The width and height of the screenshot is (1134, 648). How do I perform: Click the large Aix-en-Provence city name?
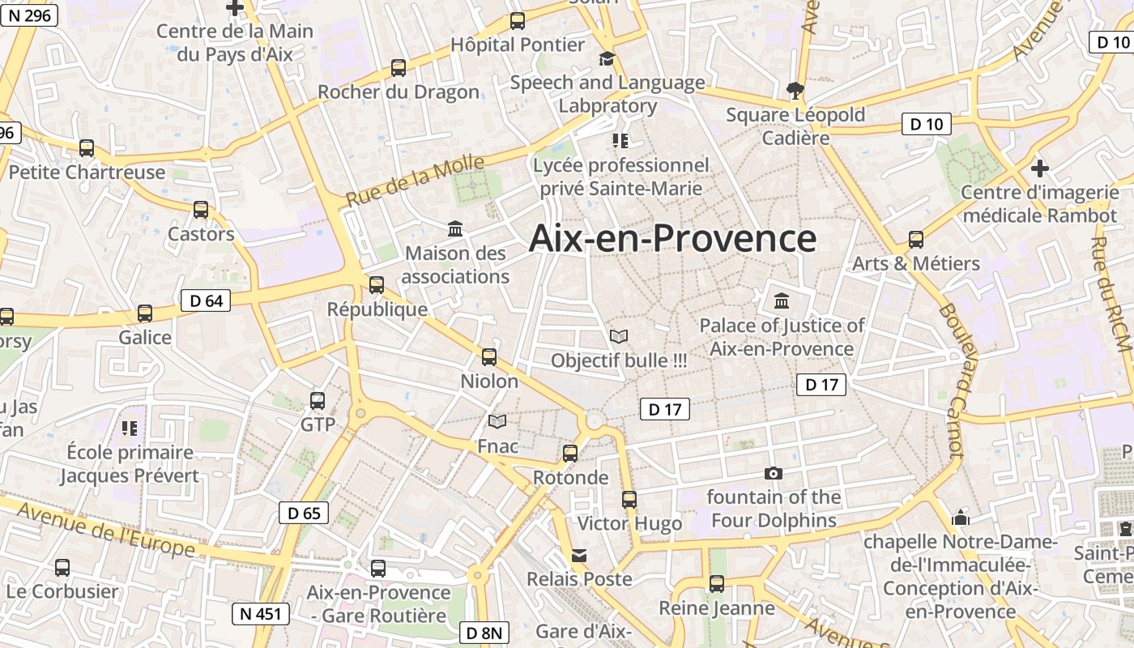tap(672, 239)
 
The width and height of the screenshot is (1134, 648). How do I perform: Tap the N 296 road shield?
tap(29, 14)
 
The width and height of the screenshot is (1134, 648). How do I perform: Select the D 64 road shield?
tap(205, 301)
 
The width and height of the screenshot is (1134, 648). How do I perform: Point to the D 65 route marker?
tap(304, 512)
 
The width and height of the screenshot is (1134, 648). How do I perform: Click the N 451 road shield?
tap(261, 614)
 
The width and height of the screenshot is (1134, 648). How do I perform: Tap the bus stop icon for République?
tap(377, 285)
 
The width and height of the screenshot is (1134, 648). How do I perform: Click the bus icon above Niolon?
tap(489, 356)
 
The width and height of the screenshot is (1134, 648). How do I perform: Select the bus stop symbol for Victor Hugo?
tap(629, 500)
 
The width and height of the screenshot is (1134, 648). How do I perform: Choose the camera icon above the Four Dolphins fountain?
tap(774, 473)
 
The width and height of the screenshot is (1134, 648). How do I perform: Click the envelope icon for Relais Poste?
tap(579, 556)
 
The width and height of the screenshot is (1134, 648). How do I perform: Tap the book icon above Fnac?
tap(497, 421)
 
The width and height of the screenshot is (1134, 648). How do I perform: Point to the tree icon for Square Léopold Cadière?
tap(795, 89)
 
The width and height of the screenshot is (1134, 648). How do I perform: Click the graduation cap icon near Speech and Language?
tap(607, 58)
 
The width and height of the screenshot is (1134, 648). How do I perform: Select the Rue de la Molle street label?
tap(415, 182)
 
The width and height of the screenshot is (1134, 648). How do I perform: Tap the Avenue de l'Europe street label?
tap(105, 530)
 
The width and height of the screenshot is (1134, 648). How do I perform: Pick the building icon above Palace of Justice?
tap(782, 301)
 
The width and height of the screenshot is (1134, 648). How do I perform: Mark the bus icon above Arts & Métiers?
tap(916, 240)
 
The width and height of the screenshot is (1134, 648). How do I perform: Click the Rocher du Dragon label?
tap(398, 92)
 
